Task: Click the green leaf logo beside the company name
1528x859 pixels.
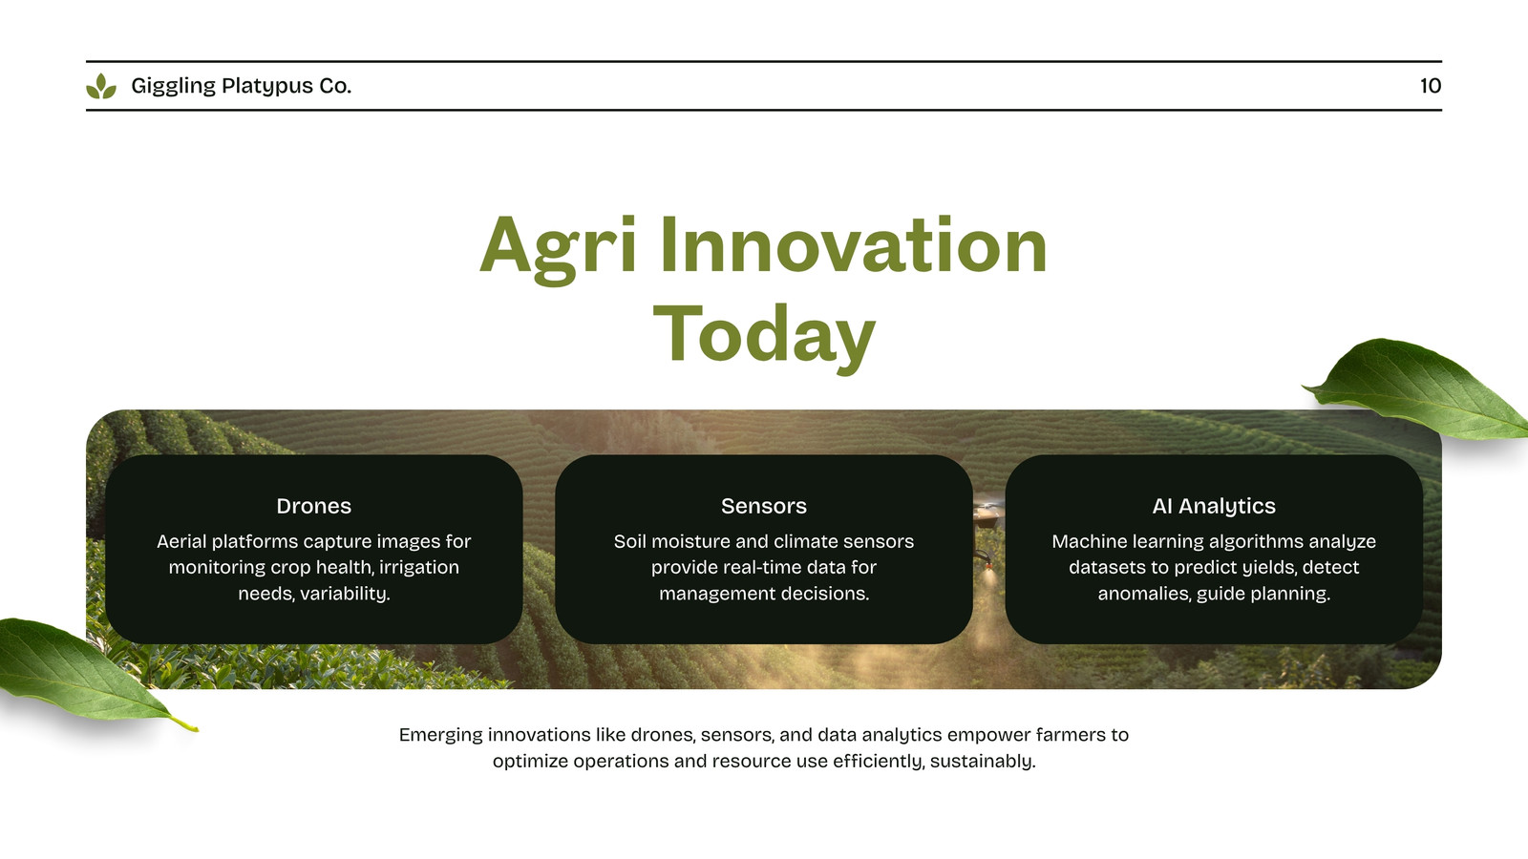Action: click(x=101, y=86)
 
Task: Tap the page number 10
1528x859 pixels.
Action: click(x=1431, y=86)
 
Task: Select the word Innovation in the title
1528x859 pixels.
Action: click(x=853, y=244)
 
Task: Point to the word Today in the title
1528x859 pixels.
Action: click(x=764, y=336)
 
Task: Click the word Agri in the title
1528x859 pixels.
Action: click(x=558, y=248)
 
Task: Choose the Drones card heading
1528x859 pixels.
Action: click(x=314, y=506)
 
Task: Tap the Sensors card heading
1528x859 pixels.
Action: click(x=764, y=506)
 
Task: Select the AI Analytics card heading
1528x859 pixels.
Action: click(x=1214, y=507)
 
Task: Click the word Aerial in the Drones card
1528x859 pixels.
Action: click(x=181, y=541)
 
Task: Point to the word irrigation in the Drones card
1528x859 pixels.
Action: click(x=419, y=568)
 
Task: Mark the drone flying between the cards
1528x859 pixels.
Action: click(x=987, y=513)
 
